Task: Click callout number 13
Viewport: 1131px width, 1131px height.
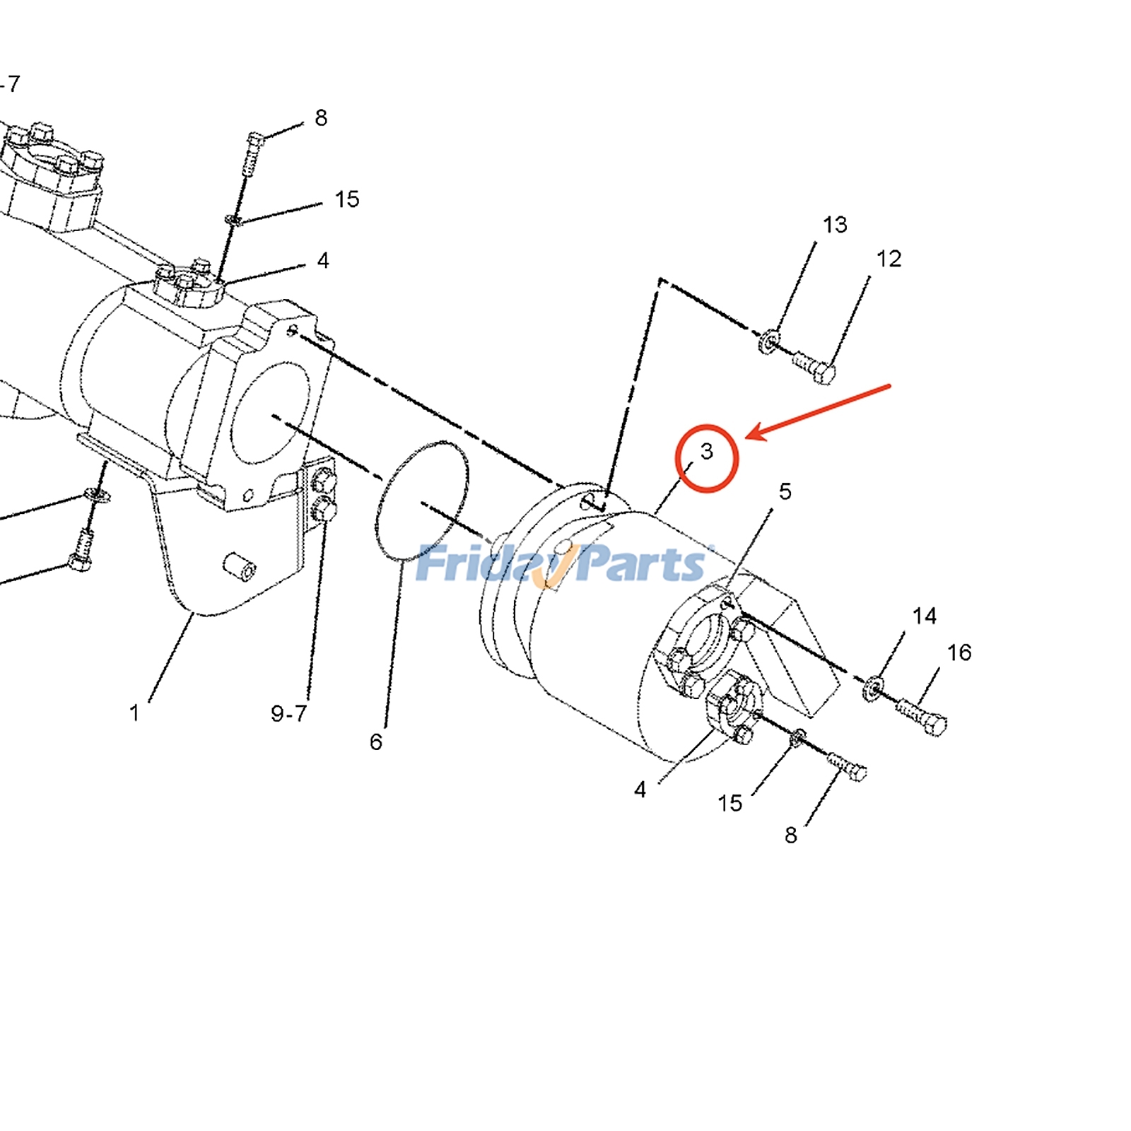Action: [x=834, y=225]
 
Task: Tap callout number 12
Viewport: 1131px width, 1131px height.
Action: [x=889, y=259]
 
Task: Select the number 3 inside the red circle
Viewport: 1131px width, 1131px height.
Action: [x=706, y=451]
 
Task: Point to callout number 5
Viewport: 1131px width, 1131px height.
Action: [x=785, y=491]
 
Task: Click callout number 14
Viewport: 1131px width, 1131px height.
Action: [x=924, y=616]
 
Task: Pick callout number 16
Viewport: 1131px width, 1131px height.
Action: [x=959, y=652]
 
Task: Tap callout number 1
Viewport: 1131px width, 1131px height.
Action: [x=134, y=713]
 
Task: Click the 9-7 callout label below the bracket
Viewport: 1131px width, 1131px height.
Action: [x=288, y=713]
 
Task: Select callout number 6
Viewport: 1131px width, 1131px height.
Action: [x=375, y=742]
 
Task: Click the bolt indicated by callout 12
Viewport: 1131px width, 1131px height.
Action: [x=814, y=367]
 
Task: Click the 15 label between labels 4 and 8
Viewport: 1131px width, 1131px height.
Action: [x=729, y=803]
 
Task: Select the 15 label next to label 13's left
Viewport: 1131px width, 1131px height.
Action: [x=346, y=199]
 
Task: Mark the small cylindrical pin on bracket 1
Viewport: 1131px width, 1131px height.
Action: [x=239, y=566]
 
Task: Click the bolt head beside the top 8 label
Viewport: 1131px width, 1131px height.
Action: [x=256, y=139]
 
